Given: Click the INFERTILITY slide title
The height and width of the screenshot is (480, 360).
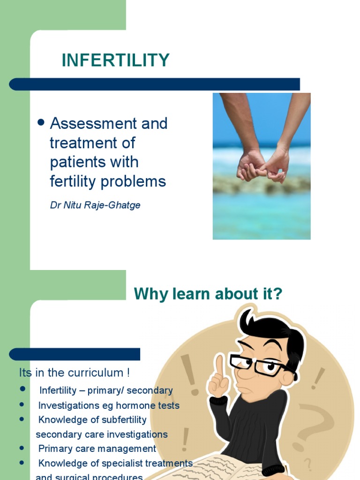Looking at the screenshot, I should tap(116, 60).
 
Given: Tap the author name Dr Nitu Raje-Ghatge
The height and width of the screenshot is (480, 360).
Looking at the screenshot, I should tap(95, 205).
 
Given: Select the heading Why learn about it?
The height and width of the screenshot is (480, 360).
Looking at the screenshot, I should tap(208, 294).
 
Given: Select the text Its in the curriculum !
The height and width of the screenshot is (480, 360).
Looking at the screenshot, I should tap(74, 373).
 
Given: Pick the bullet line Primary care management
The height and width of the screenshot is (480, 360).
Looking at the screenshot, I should tap(97, 449).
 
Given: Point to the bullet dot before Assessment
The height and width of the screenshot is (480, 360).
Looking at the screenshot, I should tap(41, 123).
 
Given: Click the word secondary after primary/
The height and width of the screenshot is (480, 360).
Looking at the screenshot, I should tap(152, 390).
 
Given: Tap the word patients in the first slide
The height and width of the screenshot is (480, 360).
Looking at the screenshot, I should tap(74, 162).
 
